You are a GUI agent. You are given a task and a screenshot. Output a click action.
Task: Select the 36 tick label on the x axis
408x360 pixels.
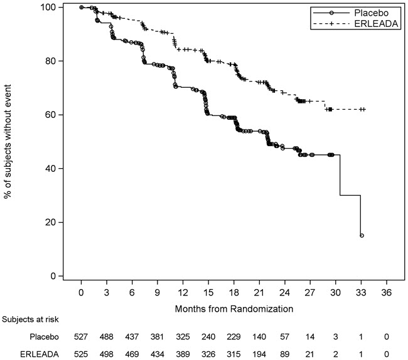click(x=387, y=292)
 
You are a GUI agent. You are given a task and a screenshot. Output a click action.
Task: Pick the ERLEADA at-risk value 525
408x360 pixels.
click(x=82, y=354)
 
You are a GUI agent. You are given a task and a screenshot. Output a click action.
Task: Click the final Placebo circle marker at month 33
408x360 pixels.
click(x=362, y=236)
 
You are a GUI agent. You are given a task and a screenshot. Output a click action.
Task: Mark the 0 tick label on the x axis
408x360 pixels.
click(x=82, y=292)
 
